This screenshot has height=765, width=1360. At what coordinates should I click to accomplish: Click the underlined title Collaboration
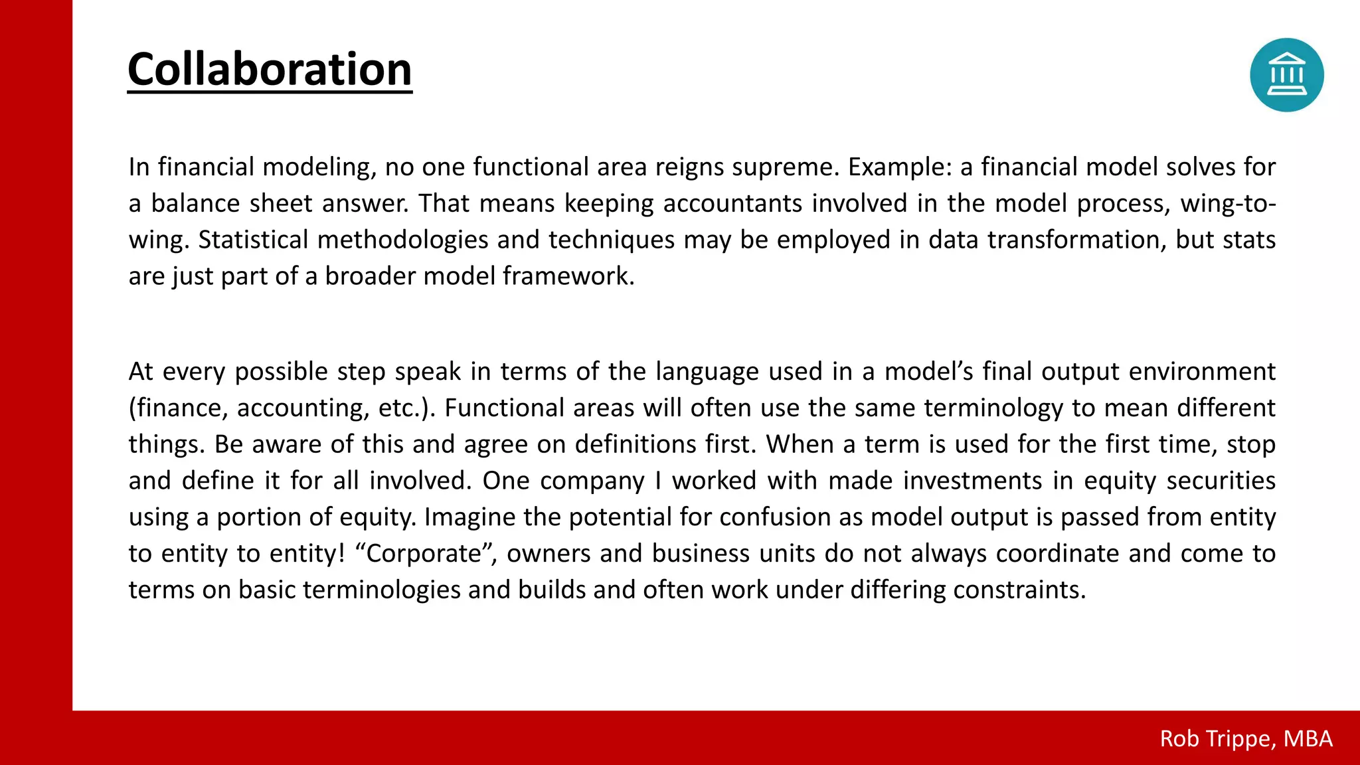tap(270, 69)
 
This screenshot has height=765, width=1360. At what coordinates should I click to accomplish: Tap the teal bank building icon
tap(1286, 75)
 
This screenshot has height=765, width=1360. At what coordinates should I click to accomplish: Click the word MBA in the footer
tap(1308, 738)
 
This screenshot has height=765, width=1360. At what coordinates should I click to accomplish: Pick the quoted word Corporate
tap(423, 554)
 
